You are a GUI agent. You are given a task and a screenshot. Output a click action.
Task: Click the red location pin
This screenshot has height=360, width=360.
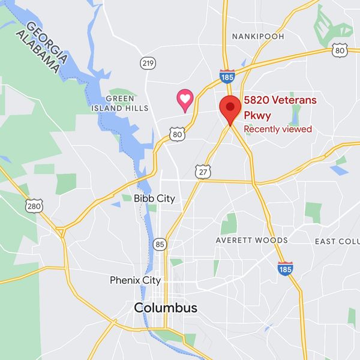230,109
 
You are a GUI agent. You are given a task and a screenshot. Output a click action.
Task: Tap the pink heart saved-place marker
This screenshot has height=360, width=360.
185,99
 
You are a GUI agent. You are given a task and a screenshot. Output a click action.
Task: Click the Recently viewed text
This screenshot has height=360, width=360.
277,129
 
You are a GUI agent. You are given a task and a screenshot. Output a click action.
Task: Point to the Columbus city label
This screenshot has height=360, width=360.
165,308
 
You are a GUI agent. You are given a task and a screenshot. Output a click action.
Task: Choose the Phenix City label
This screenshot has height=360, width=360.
135,280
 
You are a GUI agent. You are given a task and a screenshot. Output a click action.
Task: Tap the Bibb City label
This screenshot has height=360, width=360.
154,199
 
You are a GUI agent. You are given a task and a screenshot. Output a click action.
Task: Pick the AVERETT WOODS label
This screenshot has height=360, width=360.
252,241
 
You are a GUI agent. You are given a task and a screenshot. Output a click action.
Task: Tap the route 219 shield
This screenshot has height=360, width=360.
148,62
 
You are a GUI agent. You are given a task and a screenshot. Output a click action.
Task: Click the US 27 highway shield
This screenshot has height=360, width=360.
203,172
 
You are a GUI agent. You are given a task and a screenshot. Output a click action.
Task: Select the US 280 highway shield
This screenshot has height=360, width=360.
34,206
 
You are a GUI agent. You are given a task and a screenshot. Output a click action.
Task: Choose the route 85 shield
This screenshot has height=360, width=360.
160,244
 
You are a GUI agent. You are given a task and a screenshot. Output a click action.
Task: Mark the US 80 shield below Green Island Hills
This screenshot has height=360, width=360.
176,134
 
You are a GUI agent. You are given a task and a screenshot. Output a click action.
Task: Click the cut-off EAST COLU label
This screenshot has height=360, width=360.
337,241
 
